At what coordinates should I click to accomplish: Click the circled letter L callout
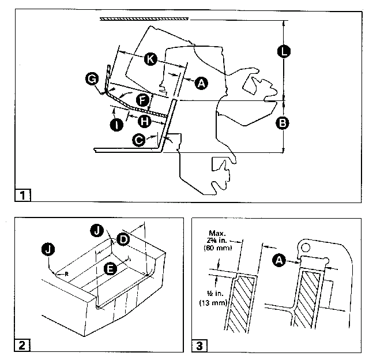point(284,51)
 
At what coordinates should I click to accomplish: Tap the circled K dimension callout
point(150,59)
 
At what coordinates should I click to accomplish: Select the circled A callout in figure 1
point(201,83)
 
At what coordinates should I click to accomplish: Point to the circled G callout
point(92,78)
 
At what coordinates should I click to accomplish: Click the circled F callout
point(142,100)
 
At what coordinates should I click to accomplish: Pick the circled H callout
point(144,122)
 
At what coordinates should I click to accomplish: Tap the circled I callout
point(116,125)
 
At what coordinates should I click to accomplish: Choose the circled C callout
point(139,140)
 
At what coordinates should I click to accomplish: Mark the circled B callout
point(283,123)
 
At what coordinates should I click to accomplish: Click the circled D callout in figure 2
point(123,239)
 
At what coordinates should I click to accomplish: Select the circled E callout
point(110,269)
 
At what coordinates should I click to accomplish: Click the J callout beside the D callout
point(97,231)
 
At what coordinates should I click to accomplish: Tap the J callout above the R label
point(48,249)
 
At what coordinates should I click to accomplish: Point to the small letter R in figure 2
point(67,274)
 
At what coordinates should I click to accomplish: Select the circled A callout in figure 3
point(279,261)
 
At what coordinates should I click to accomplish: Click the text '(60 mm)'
point(218,247)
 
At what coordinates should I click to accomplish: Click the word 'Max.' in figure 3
point(217,233)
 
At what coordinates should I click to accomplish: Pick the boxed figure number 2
point(22,346)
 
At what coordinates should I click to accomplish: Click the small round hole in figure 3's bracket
point(306,247)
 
